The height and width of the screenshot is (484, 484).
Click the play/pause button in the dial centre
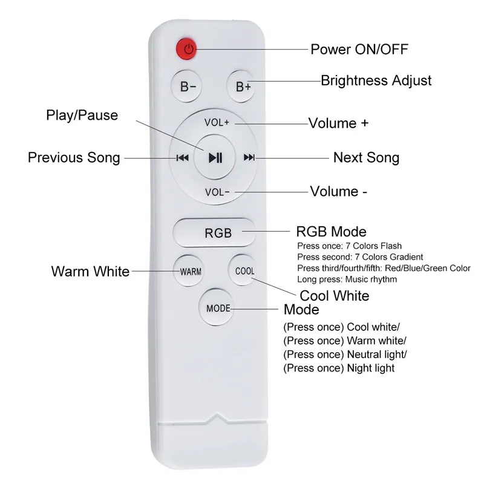[x=216, y=158]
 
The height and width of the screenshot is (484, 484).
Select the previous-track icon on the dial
[x=182, y=159]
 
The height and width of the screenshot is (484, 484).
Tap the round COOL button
[x=244, y=270]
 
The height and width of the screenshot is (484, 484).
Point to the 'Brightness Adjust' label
[x=376, y=80]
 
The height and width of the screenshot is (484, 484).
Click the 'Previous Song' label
[x=74, y=158]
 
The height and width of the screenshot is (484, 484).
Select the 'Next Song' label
[x=366, y=158]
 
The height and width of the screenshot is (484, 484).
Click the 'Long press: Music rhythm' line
[x=347, y=279]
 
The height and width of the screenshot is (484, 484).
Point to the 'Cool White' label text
[x=335, y=296]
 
